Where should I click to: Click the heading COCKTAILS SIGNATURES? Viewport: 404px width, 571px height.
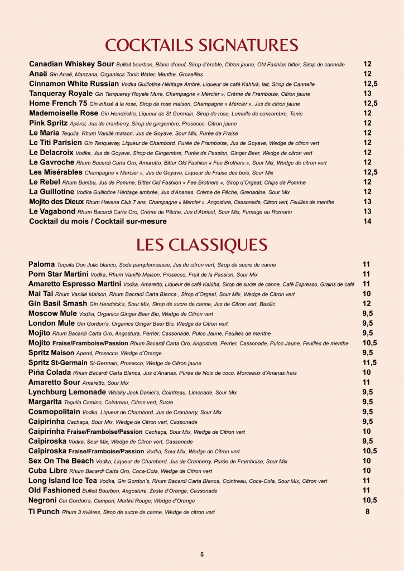click(x=201, y=45)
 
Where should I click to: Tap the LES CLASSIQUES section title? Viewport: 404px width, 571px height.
click(x=201, y=245)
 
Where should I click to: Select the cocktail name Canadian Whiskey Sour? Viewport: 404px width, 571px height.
click(x=71, y=64)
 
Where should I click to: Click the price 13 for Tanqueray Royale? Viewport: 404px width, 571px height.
click(x=367, y=94)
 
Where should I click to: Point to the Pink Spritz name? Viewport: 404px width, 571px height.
click(x=48, y=123)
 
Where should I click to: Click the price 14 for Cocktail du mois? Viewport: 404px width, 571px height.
click(x=367, y=221)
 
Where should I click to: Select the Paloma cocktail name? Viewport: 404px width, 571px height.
click(x=42, y=264)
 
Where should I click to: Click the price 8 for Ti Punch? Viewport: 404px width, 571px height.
click(x=367, y=511)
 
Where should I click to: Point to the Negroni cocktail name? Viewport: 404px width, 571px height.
click(x=42, y=500)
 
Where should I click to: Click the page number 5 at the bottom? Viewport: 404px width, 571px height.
click(x=202, y=554)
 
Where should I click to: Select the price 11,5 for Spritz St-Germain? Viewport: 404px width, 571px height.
click(x=369, y=362)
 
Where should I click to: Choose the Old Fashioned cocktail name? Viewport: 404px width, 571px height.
click(x=54, y=490)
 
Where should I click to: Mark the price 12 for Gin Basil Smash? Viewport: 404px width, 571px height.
click(x=367, y=303)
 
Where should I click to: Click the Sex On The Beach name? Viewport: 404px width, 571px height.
click(x=61, y=461)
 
